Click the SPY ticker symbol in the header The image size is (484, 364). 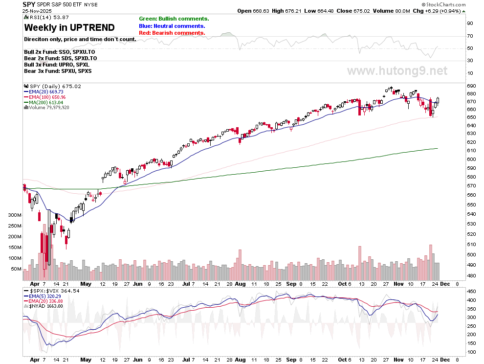point(29,4)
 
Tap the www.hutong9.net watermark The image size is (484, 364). point(397,71)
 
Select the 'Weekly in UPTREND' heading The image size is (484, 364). point(69,28)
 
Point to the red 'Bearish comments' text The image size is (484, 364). point(172,33)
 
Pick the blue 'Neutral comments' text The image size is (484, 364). point(172,26)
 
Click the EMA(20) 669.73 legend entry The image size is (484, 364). point(44,91)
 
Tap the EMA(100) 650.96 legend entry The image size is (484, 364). point(45,97)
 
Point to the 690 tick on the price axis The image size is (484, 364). point(471,87)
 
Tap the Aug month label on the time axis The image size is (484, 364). point(240,284)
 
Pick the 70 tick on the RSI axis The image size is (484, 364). point(469,36)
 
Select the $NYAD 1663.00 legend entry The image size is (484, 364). point(47,306)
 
